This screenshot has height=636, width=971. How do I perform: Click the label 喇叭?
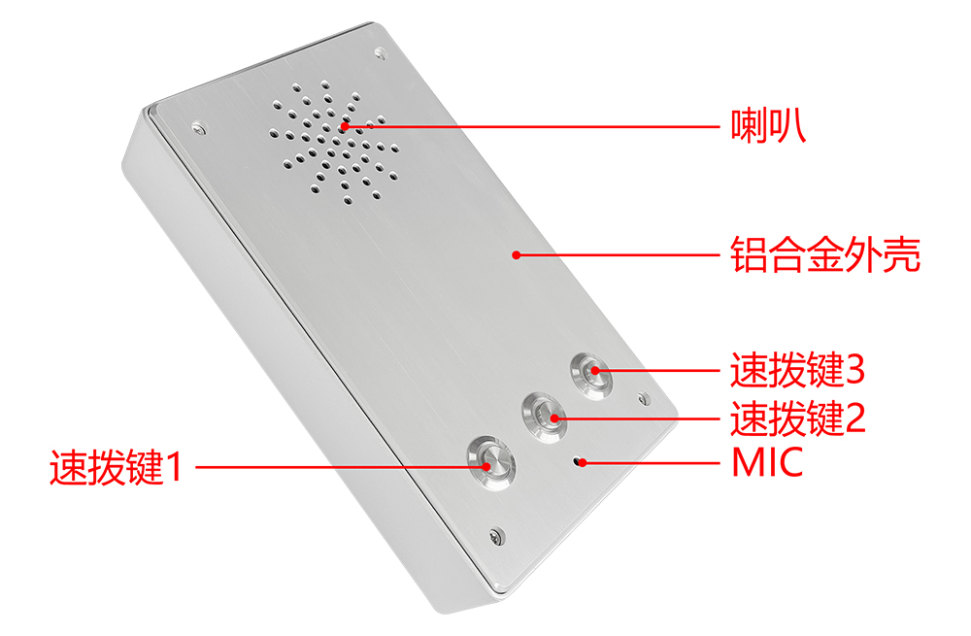(x=768, y=126)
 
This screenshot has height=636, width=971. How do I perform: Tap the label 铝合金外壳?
(x=824, y=253)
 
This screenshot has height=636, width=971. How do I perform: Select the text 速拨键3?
(x=797, y=370)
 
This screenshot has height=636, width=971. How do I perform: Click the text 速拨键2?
(x=797, y=418)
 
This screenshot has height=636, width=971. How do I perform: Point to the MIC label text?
(x=767, y=462)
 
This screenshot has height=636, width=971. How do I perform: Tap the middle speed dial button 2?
(x=544, y=417)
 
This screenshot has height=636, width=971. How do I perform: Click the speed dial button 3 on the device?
(x=591, y=375)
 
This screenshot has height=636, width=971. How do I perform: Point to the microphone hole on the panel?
(x=579, y=461)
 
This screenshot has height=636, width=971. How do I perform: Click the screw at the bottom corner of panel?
(x=496, y=536)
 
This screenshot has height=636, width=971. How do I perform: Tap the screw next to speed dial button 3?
(x=644, y=398)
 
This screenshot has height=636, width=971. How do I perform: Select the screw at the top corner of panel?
(x=381, y=53)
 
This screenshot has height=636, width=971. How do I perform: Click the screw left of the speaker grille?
(x=198, y=128)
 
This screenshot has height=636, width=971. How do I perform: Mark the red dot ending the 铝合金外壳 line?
(x=517, y=254)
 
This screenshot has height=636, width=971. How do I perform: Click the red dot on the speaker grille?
(x=345, y=126)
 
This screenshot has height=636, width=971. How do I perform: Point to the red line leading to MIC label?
(x=651, y=462)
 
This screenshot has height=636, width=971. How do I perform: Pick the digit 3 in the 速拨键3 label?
(x=854, y=370)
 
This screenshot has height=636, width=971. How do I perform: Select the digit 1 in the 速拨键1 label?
(x=175, y=467)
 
